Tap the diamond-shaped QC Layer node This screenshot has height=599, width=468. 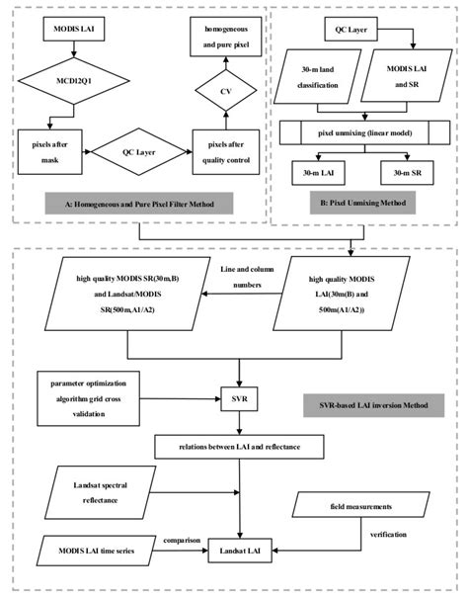tap(139, 153)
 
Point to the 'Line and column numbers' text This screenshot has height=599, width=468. tap(240, 276)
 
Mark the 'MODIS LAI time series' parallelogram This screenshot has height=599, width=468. tap(97, 547)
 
